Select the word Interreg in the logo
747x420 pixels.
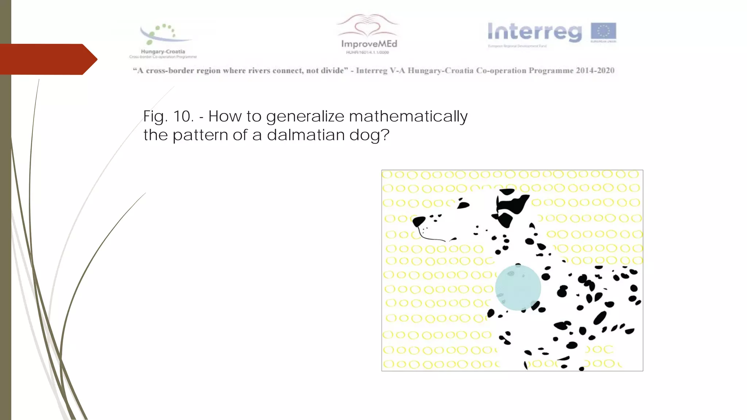535,32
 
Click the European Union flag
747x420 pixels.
603,32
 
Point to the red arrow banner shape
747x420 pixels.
47,59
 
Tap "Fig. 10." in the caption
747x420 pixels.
168,117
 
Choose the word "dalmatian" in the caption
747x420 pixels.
306,135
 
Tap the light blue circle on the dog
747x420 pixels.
518,288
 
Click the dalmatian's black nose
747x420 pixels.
418,221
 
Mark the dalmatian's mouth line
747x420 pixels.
434,239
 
